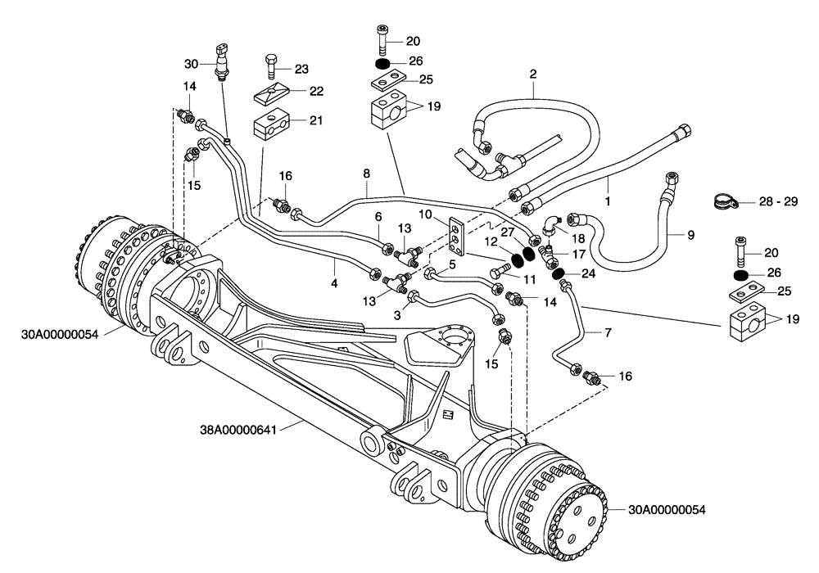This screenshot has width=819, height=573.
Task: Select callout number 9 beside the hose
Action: (x=690, y=235)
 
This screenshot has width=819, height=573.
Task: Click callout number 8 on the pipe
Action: (x=366, y=174)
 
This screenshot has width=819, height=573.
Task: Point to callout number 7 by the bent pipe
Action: (x=608, y=333)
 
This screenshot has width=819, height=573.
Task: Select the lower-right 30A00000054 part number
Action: (x=667, y=509)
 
